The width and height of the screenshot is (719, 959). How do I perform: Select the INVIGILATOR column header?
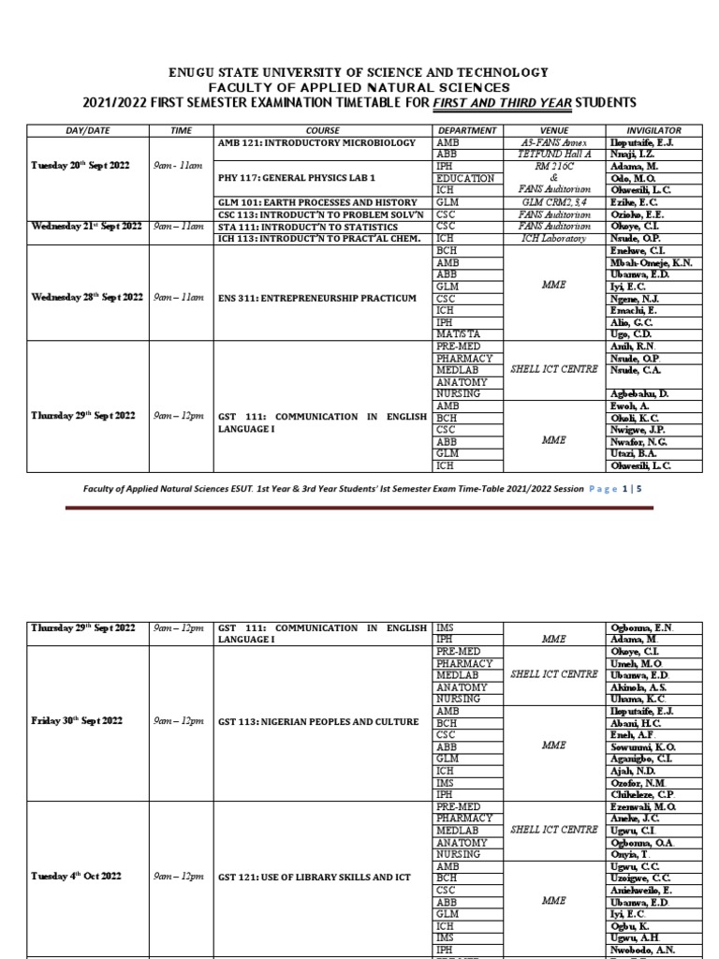click(653, 130)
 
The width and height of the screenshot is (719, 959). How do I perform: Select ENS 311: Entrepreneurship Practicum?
click(316, 298)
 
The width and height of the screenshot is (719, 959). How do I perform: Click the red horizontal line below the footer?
click(359, 508)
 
